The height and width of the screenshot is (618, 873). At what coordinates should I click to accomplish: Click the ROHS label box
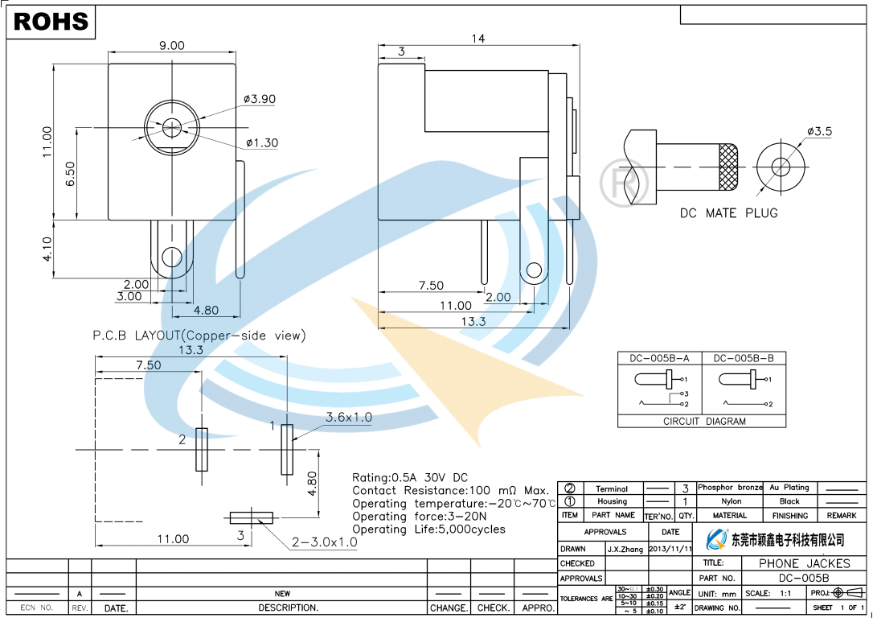pos(51,22)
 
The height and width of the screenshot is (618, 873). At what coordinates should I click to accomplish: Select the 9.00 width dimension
pos(171,46)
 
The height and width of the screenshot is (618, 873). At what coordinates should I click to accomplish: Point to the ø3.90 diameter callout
pos(260,99)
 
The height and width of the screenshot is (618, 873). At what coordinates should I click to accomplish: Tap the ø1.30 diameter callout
pos(262,143)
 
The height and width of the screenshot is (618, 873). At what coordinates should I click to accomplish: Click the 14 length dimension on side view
pos(478,39)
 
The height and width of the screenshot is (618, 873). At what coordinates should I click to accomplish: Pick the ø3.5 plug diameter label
pos(819,131)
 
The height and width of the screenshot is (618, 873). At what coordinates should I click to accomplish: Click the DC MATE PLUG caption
pos(728,213)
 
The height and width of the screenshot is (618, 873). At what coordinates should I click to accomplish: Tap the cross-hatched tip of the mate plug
pos(728,167)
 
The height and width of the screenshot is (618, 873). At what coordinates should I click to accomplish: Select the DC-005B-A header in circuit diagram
pos(659,358)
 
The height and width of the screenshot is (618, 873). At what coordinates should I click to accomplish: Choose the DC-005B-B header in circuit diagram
pos(744,358)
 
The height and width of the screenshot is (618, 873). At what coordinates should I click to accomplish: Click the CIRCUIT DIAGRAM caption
pos(704,421)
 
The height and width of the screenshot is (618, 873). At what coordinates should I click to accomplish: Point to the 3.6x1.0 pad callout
pos(349,417)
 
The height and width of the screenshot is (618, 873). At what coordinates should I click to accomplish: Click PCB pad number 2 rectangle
pos(201,448)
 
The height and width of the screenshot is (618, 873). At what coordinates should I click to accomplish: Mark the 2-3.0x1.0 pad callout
pos(324,542)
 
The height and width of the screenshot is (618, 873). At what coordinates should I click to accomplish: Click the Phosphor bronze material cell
pos(730,488)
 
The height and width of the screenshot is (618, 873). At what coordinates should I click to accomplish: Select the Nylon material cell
pos(731,501)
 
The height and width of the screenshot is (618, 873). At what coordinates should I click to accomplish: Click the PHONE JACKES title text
pos(804,563)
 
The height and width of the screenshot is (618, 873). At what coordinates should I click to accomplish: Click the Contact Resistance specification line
pos(450,490)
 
